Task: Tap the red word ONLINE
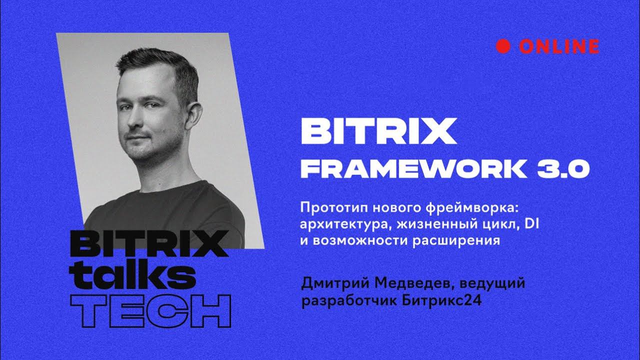pos(558,46)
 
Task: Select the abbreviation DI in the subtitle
pos(529,223)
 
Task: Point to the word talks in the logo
pos(131,273)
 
